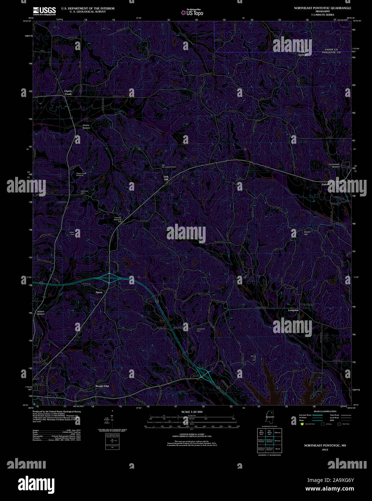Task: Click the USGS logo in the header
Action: point(44,10)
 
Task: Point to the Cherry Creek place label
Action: point(68,93)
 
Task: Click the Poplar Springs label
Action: point(302,53)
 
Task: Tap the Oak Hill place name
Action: point(166,178)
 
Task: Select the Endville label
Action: point(326,184)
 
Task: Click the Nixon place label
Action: point(99,292)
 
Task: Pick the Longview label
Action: point(293,310)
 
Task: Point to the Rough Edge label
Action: point(102,386)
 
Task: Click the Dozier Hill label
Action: point(307,233)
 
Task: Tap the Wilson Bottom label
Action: point(41,312)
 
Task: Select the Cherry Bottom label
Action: point(86,127)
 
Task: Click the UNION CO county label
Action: point(331,49)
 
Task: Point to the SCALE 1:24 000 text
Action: point(192,412)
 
